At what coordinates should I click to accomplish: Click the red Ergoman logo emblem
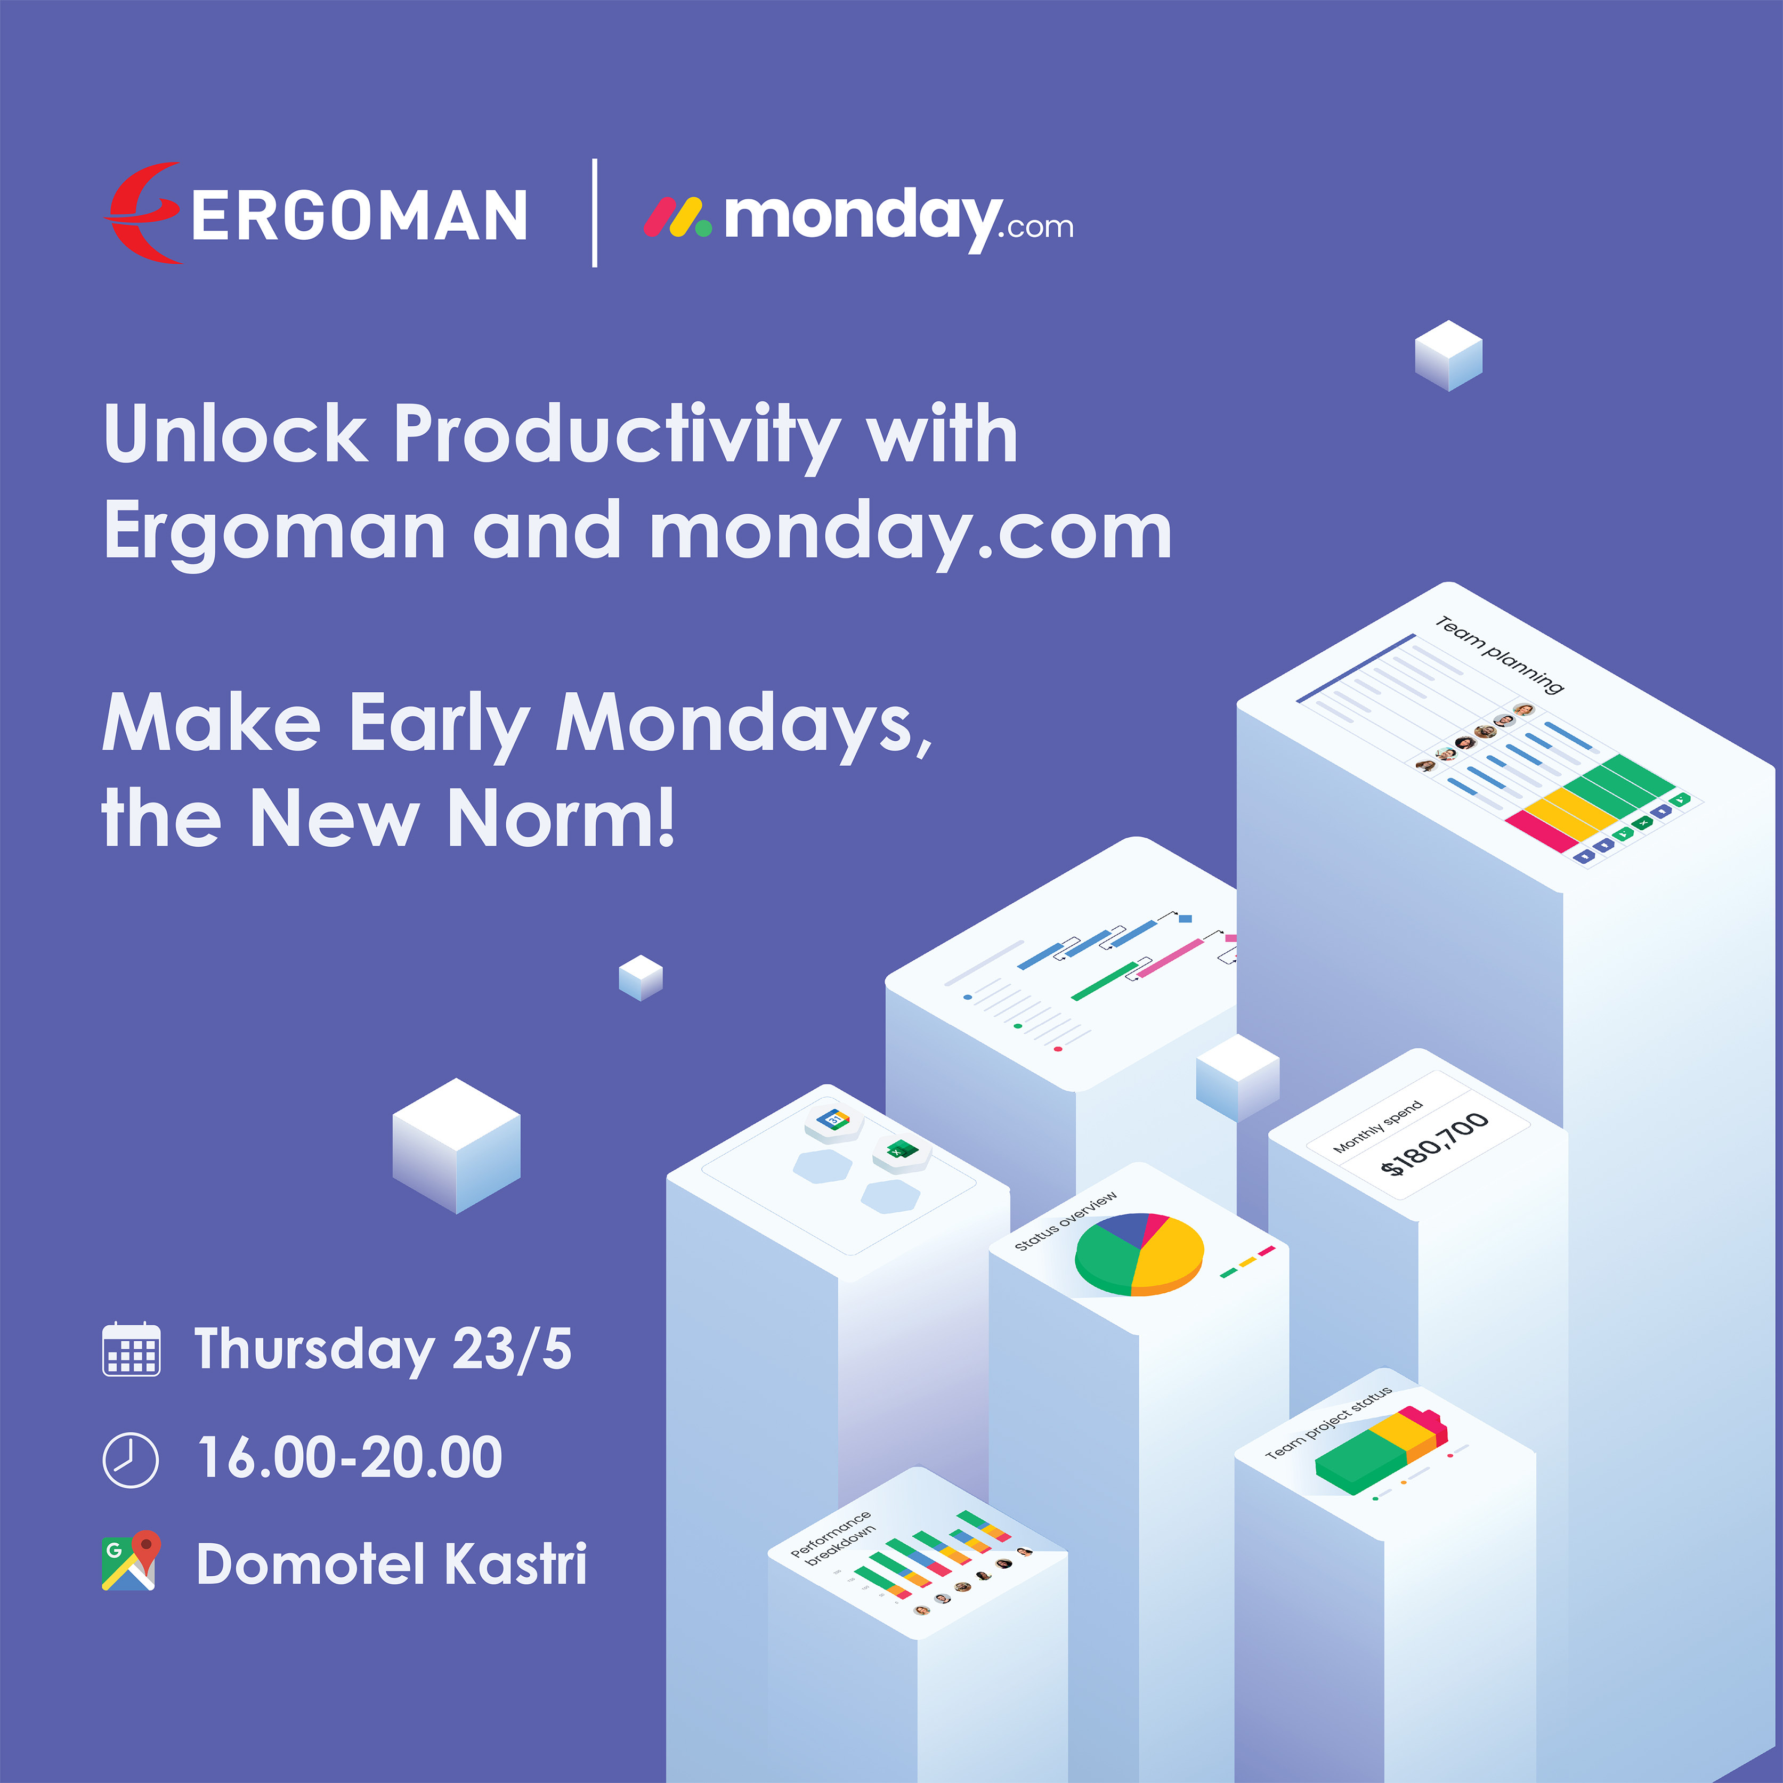click(x=143, y=213)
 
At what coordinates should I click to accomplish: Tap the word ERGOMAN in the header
click(x=359, y=216)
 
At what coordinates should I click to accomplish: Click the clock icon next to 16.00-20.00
click(x=130, y=1459)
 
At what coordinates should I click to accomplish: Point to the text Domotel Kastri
click(x=391, y=1565)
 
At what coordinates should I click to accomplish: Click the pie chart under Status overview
click(x=1139, y=1252)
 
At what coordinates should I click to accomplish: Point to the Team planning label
click(x=1498, y=654)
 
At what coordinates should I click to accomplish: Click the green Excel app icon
click(x=901, y=1151)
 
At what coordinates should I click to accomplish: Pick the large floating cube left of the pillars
click(x=456, y=1145)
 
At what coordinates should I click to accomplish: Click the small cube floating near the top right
click(x=1448, y=355)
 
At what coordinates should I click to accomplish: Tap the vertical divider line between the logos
click(x=594, y=213)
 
